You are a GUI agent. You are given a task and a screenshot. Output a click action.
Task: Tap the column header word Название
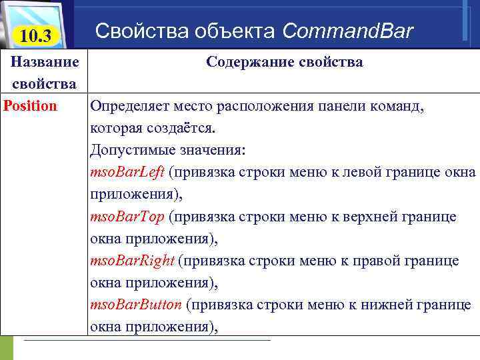45,62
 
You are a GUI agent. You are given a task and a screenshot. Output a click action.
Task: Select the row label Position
31,106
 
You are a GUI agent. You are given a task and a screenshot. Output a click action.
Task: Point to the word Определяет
129,106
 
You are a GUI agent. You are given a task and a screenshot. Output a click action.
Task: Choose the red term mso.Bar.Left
127,172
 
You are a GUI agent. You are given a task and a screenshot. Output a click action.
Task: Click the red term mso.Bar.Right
131,260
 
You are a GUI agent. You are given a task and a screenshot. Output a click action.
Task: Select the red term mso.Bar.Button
135,304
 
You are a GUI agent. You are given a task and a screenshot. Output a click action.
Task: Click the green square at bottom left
7,347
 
